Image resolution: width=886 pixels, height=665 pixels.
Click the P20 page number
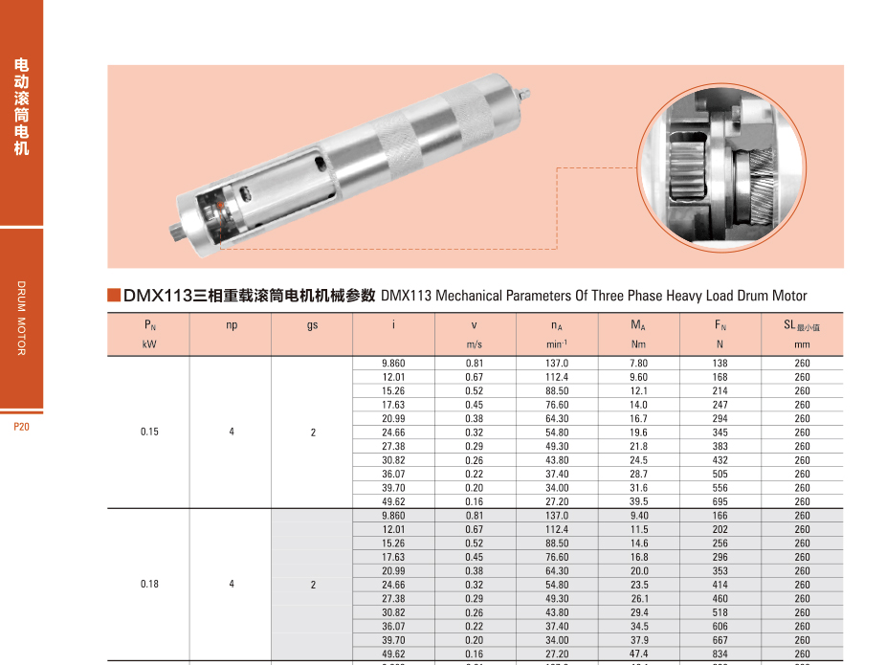(x=21, y=427)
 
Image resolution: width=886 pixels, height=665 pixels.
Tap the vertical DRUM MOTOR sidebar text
(x=21, y=318)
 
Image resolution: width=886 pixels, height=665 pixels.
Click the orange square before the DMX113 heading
(x=114, y=295)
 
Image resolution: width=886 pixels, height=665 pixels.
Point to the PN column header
(x=149, y=325)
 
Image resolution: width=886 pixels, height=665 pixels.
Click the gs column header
(x=313, y=325)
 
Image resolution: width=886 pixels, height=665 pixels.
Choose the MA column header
(x=638, y=325)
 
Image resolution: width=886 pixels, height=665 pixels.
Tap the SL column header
(x=801, y=325)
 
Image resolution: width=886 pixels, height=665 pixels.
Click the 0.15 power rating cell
(x=149, y=432)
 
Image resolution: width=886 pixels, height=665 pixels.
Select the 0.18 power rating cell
(x=149, y=584)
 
